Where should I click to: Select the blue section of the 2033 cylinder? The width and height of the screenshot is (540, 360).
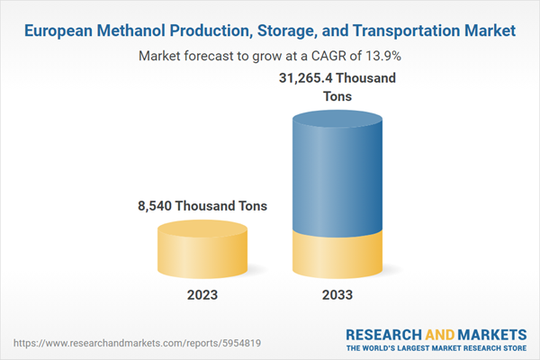coord(339,171)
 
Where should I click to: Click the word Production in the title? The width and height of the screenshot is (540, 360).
coord(208,31)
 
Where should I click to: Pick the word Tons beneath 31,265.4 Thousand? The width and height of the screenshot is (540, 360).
coord(339,96)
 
